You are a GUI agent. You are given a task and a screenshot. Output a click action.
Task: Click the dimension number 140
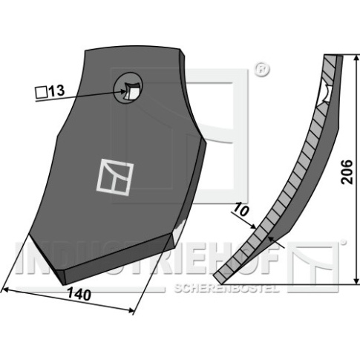79,294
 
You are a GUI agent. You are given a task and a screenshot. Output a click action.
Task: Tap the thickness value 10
240,209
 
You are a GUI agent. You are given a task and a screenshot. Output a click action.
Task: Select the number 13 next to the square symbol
56,91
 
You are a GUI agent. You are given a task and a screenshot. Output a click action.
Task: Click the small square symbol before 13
42,92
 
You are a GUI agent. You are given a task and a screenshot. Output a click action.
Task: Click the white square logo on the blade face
114,178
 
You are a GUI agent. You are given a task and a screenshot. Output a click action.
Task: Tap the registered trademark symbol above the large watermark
261,70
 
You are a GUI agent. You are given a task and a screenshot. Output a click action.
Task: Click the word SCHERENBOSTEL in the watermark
226,288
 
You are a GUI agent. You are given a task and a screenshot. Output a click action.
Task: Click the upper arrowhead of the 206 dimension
356,59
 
